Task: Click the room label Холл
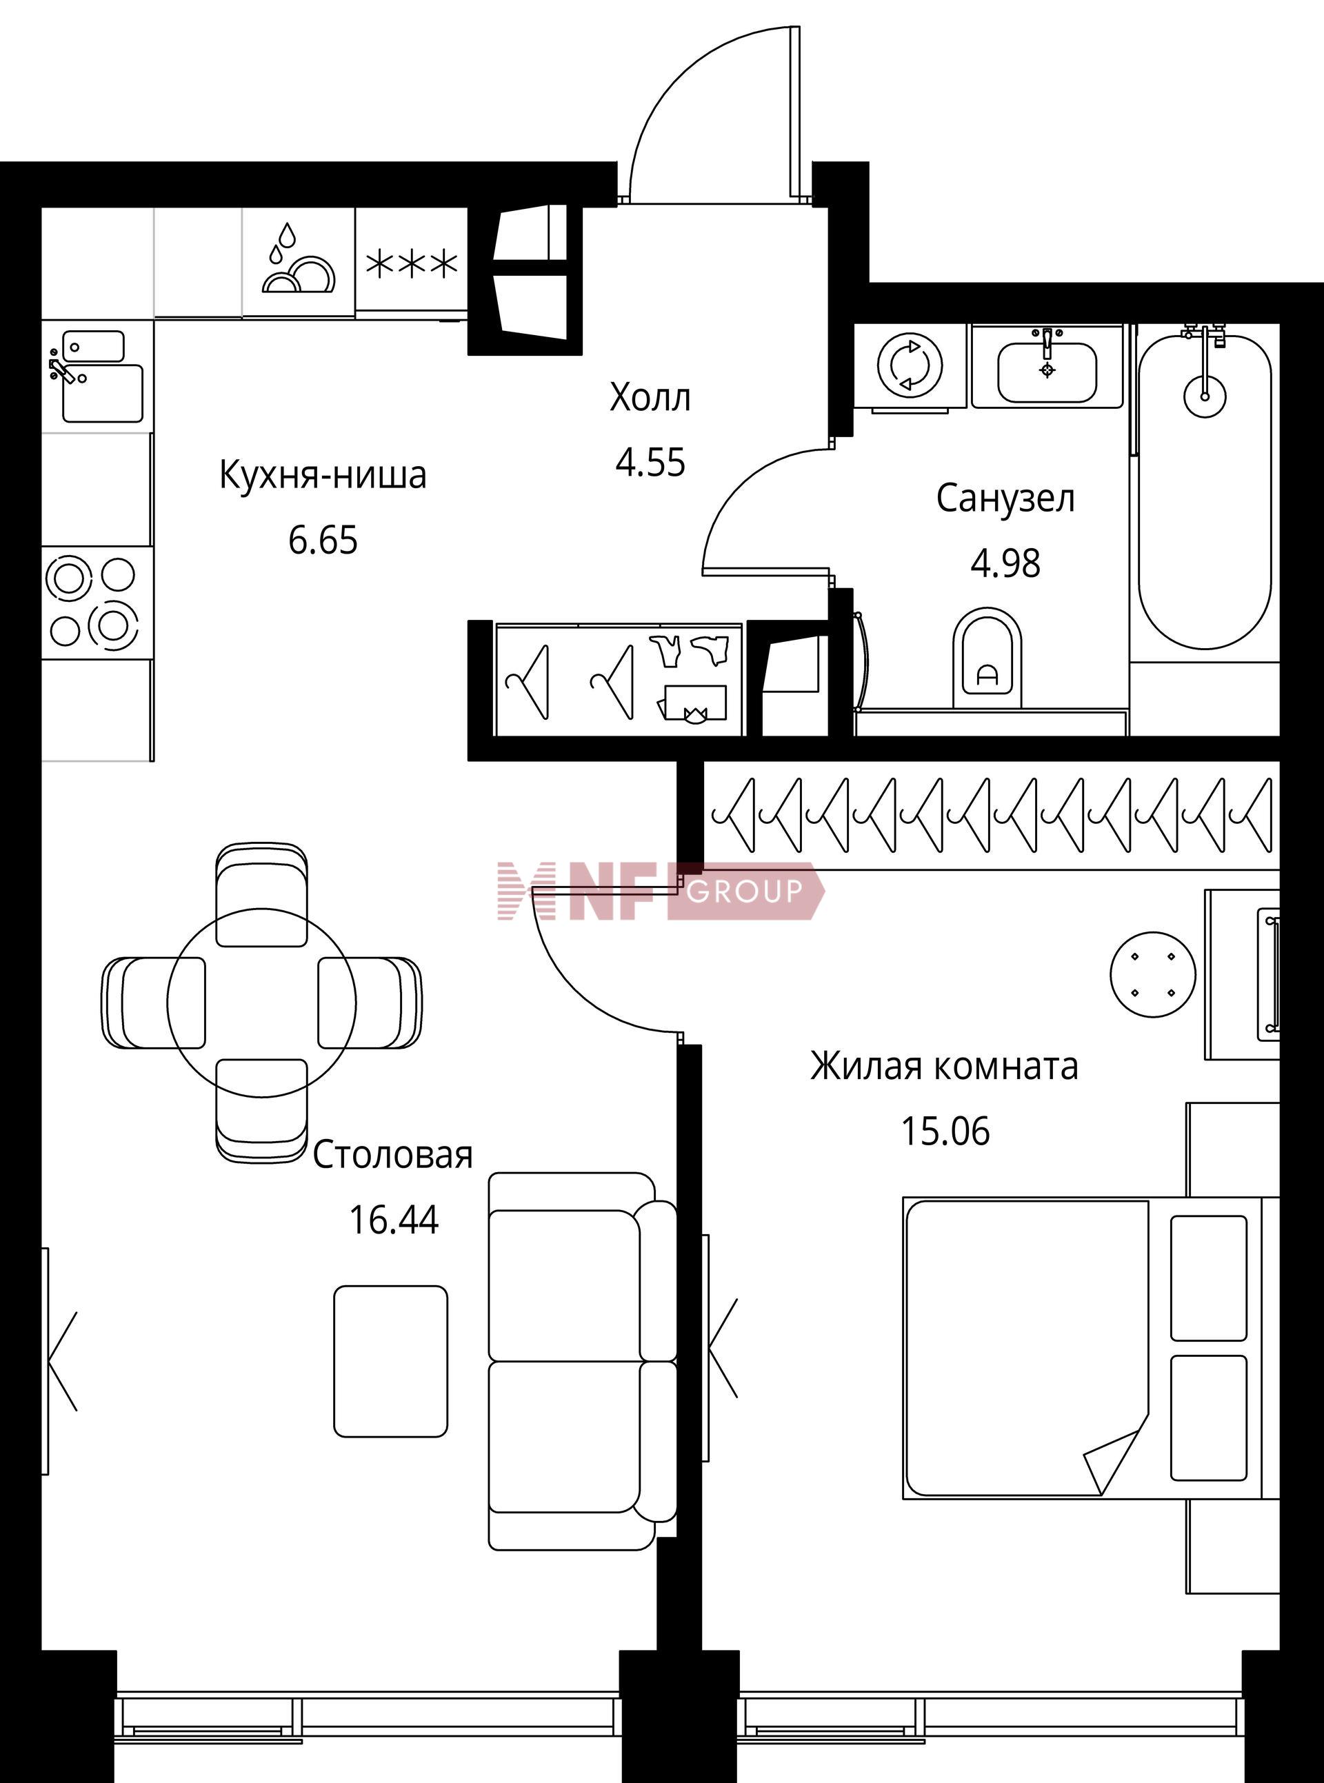tap(650, 397)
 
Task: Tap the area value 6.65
tap(323, 541)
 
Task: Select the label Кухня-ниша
tap(323, 475)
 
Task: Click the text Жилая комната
tap(944, 1067)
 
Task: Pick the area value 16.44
tap(394, 1220)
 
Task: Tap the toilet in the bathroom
tap(988, 658)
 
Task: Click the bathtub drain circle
tap(1205, 395)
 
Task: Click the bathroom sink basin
tap(1047, 372)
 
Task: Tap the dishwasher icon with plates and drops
tap(298, 261)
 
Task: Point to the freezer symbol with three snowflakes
tap(411, 263)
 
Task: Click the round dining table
tap(261, 1003)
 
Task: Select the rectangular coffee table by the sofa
tap(391, 1360)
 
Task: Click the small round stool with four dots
tap(1152, 974)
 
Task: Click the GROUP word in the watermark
tap(745, 890)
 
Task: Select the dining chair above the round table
tap(261, 895)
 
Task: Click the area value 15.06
tap(945, 1131)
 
